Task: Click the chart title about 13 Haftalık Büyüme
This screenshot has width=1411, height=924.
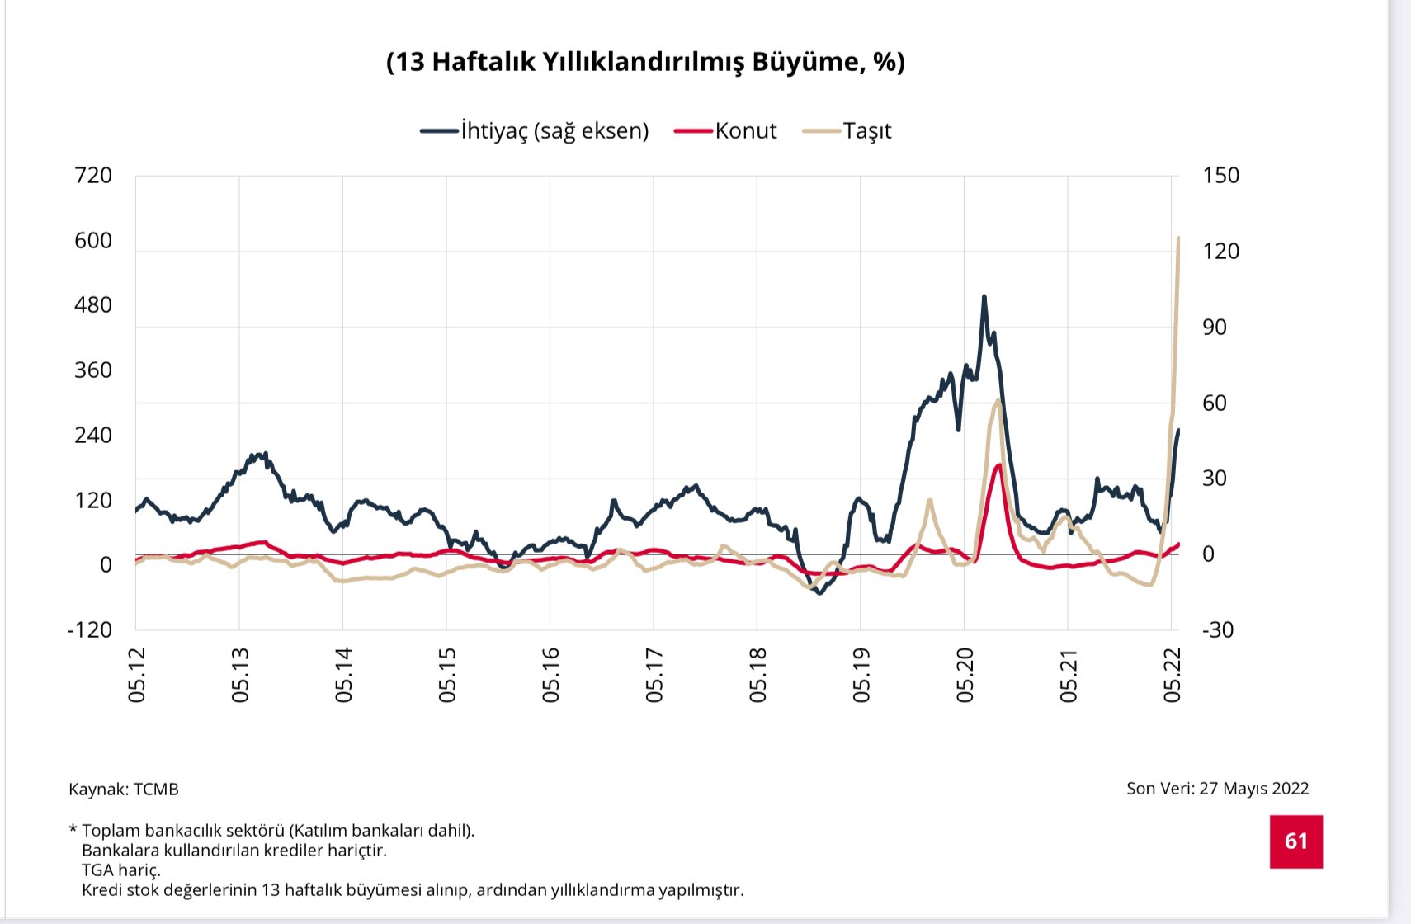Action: pos(645,62)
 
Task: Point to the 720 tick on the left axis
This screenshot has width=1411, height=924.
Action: pos(92,175)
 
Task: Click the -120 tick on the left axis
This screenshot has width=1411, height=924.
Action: pos(89,629)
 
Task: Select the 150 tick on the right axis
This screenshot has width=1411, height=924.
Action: pos(1220,175)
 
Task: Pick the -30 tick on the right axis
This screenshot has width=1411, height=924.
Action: pos(1218,629)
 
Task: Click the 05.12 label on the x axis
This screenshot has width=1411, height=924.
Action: pos(137,675)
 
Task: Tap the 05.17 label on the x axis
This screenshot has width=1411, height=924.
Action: pos(654,675)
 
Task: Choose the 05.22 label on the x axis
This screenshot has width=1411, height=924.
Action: pos(1173,675)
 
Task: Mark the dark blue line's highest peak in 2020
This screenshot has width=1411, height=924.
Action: pos(984,297)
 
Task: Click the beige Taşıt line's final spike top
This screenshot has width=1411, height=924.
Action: pos(1177,238)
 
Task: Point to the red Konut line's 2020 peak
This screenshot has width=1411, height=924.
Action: pos(999,465)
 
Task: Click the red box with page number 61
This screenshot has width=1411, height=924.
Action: pos(1295,841)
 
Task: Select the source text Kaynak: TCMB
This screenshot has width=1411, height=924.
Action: pos(124,789)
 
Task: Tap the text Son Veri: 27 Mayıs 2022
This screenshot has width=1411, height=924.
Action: pos(1217,788)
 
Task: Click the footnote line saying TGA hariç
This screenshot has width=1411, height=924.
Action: pos(121,870)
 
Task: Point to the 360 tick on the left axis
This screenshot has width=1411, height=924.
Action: pos(92,370)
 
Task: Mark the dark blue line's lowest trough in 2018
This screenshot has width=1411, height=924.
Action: pos(819,592)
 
